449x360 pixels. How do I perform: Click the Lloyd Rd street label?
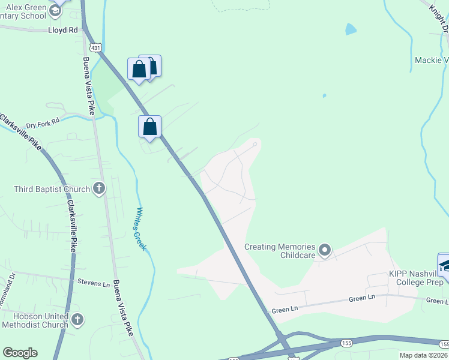click(64, 28)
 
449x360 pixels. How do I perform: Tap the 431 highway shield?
click(95, 47)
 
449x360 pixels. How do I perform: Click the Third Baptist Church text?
click(52, 190)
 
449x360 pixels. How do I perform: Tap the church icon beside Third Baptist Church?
click(99, 190)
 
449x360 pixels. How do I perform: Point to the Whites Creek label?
click(141, 229)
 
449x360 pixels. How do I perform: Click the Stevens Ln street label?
click(94, 281)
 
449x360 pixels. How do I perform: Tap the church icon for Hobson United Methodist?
click(77, 320)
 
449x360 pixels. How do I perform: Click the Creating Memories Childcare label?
click(280, 251)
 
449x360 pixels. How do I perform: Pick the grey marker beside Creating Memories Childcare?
click(325, 250)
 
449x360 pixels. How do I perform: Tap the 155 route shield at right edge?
click(444, 344)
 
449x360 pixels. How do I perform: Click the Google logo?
click(20, 353)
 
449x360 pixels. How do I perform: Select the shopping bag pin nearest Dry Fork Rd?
click(149, 127)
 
